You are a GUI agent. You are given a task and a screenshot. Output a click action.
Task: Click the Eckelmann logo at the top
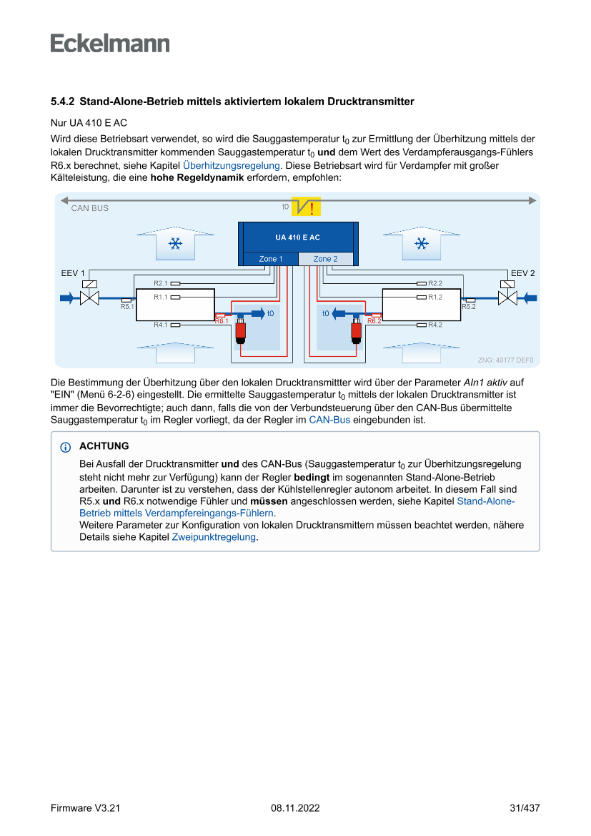(x=110, y=44)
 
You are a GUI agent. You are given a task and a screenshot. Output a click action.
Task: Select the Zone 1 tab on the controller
(x=271, y=259)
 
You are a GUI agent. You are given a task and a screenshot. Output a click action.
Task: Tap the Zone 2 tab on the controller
(x=325, y=259)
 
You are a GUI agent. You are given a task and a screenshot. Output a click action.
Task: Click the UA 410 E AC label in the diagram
(x=297, y=237)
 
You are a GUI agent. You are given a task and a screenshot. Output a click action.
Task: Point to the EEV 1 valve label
(x=73, y=273)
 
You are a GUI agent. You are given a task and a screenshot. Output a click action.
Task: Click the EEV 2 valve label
(x=522, y=273)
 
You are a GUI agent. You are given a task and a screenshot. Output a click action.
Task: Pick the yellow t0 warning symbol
(x=310, y=207)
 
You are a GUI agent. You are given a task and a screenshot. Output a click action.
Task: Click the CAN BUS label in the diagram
(x=90, y=208)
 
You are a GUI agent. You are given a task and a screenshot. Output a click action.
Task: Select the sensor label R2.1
(x=161, y=283)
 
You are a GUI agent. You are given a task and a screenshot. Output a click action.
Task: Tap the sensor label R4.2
(x=435, y=325)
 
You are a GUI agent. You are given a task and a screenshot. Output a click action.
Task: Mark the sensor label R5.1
(x=127, y=306)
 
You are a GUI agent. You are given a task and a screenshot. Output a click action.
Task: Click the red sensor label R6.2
(x=374, y=321)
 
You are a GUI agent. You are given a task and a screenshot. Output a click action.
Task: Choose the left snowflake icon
(x=174, y=245)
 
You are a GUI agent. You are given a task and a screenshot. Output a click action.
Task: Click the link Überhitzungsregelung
(x=231, y=165)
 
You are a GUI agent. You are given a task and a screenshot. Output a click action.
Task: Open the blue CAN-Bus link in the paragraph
(x=329, y=420)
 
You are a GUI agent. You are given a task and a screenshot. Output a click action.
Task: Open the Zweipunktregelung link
(x=214, y=536)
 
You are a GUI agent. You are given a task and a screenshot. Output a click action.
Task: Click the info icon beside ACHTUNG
(x=66, y=447)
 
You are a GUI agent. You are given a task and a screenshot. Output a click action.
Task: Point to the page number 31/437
(x=525, y=808)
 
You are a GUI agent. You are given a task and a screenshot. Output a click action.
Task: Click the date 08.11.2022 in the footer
(x=295, y=808)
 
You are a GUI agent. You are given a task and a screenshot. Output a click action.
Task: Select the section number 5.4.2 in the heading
(x=64, y=102)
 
